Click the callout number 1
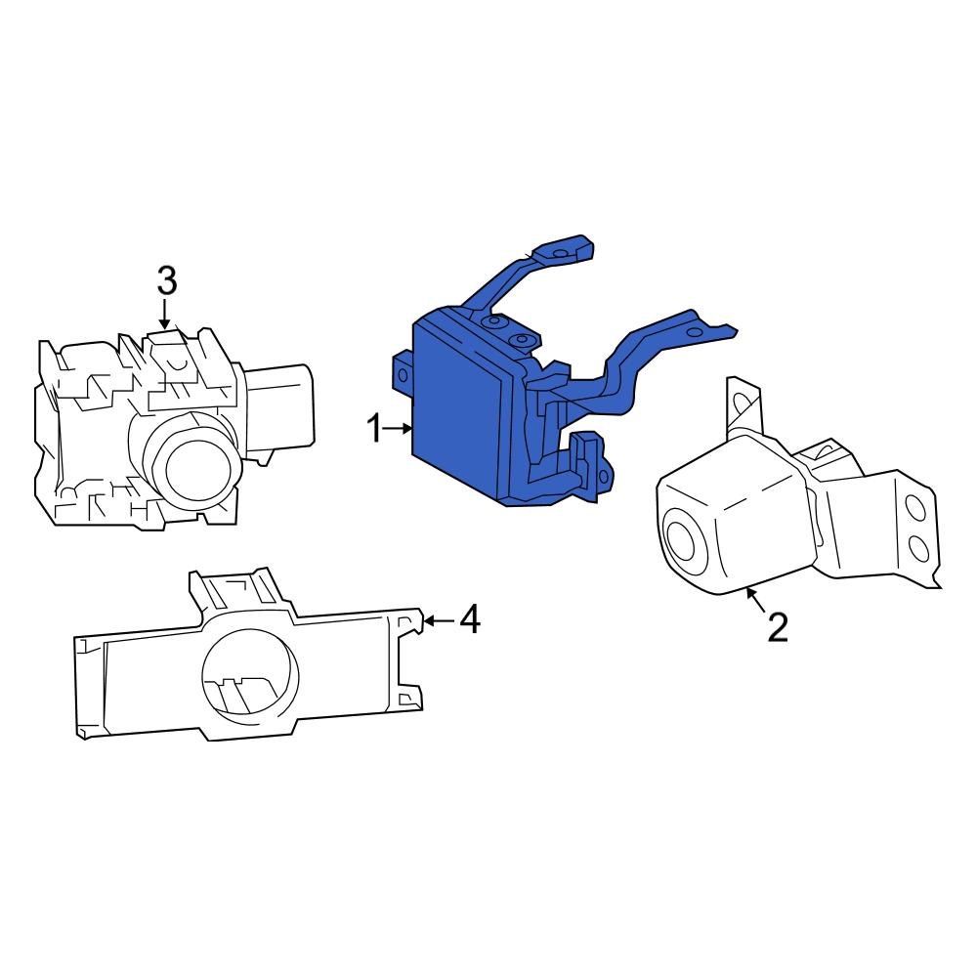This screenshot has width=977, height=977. pyautogui.click(x=374, y=428)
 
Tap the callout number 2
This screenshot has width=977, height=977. pyautogui.click(x=777, y=626)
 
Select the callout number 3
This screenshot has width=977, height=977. pyautogui.click(x=167, y=281)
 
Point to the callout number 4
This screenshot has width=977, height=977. pyautogui.click(x=470, y=618)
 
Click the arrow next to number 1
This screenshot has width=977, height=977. pyautogui.click(x=401, y=428)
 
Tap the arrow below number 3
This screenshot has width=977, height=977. pyautogui.click(x=165, y=315)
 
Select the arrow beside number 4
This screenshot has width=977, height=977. pyautogui.click(x=438, y=619)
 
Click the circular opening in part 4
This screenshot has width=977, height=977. pyautogui.click(x=247, y=674)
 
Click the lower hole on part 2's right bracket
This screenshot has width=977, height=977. pyautogui.click(x=918, y=548)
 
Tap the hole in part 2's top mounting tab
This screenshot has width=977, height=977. pyautogui.click(x=745, y=401)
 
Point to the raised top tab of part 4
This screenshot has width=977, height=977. pyautogui.click(x=234, y=591)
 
